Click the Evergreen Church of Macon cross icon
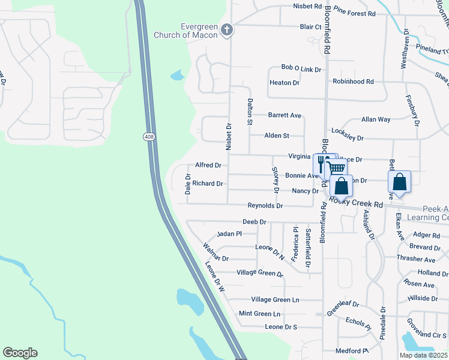click(x=227, y=30)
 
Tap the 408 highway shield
click(x=149, y=137)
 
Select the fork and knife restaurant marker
click(x=321, y=164)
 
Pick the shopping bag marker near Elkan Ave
click(x=400, y=182)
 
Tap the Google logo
click(x=20, y=353)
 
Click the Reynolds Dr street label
click(x=265, y=206)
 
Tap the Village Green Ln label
click(x=274, y=300)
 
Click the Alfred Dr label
click(x=208, y=165)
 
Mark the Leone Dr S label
click(x=281, y=327)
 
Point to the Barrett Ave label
click(x=285, y=115)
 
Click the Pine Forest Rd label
click(x=354, y=13)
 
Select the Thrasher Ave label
click(x=415, y=260)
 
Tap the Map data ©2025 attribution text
click(x=423, y=355)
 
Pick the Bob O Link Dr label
click(x=301, y=69)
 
